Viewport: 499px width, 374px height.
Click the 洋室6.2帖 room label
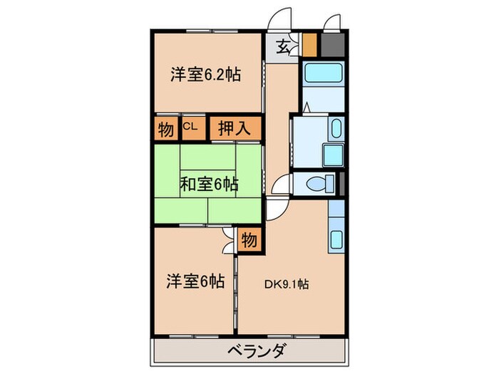coord(205,73)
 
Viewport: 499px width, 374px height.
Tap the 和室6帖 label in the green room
coord(208,184)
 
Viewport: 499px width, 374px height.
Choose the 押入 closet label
coord(233,129)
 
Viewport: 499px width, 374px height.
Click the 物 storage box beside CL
coord(165,129)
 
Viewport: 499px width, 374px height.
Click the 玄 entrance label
coord(283,48)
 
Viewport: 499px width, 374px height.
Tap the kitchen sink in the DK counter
coord(335,239)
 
